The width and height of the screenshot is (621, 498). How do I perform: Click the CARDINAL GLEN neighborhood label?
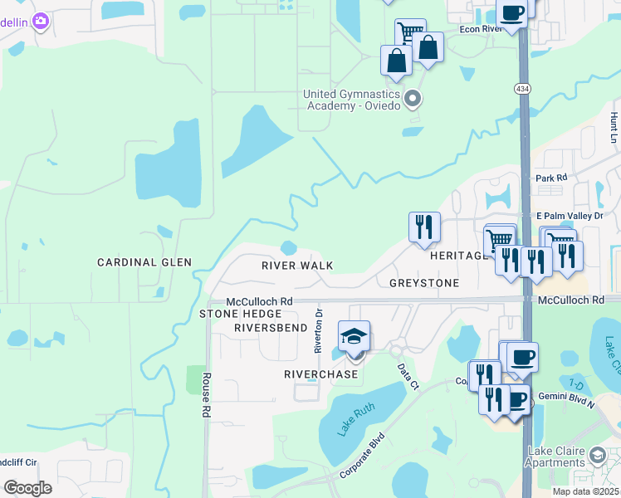coord(144,262)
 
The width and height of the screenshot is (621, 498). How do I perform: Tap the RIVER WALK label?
coord(296,266)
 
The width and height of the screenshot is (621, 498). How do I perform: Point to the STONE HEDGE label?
coord(241,314)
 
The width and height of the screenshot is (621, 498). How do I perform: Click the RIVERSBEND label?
coord(271,328)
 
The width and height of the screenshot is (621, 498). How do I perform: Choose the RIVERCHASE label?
coord(321,374)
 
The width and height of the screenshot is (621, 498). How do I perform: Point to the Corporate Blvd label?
coord(364,455)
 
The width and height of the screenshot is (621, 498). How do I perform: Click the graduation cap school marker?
coord(355,337)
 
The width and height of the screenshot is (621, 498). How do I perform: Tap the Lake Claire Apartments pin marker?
coord(598,455)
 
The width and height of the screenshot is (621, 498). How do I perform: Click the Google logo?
coord(27,487)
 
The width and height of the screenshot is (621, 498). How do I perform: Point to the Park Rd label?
coord(550,178)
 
